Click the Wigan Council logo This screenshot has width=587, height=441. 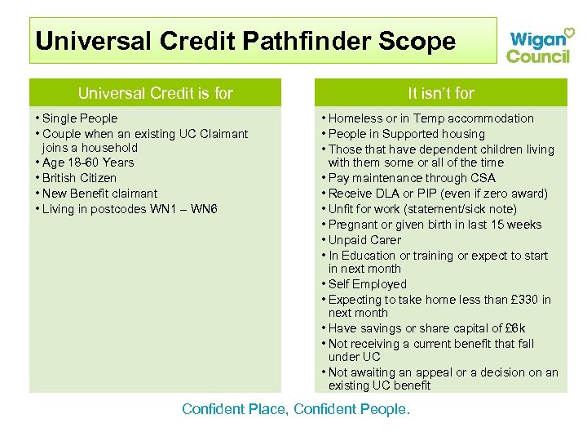tap(539, 45)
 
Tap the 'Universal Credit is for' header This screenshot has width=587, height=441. tap(155, 93)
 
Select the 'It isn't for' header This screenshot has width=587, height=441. tap(440, 93)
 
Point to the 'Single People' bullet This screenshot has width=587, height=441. tap(79, 118)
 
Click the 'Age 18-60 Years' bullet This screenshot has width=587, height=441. tap(87, 163)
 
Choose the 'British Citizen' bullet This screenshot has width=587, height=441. tap(79, 178)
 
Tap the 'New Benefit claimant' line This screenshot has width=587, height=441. tap(99, 194)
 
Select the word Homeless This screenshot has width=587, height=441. tap(356, 118)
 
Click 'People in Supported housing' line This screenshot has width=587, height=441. tap(406, 134)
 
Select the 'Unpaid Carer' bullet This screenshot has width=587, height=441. tap(364, 240)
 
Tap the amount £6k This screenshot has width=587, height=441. tap(514, 328)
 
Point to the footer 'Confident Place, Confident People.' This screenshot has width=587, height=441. tap(296, 408)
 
